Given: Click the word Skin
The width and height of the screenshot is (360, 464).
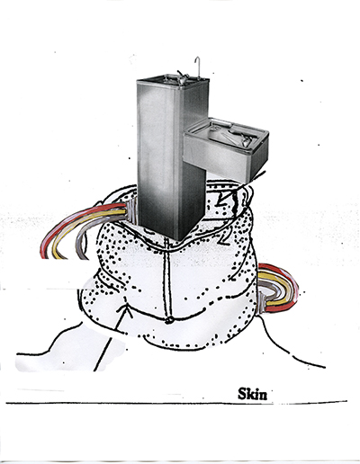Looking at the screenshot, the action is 252,394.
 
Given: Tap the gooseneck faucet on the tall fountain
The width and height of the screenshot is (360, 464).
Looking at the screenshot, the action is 197,67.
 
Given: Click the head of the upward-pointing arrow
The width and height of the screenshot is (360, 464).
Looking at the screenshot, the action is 126,308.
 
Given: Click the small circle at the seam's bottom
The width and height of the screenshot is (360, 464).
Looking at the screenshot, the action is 169,320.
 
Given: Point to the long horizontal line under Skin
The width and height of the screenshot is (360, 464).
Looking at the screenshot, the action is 176,403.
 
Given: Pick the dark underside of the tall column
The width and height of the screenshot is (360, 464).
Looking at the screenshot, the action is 192,204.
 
